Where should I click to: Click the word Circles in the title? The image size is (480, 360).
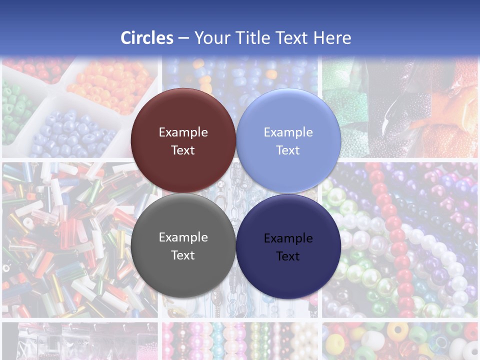147,38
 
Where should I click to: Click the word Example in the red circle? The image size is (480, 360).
183,132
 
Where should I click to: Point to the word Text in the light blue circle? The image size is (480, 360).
288,150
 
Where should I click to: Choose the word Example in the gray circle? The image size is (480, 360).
183,237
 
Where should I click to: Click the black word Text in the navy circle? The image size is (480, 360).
288,256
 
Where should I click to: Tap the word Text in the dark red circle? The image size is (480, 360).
183,150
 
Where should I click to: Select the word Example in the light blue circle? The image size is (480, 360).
288,132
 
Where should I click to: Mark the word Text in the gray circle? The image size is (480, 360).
183,255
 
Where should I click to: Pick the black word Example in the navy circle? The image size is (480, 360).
288,238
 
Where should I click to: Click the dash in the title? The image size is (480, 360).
183,38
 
